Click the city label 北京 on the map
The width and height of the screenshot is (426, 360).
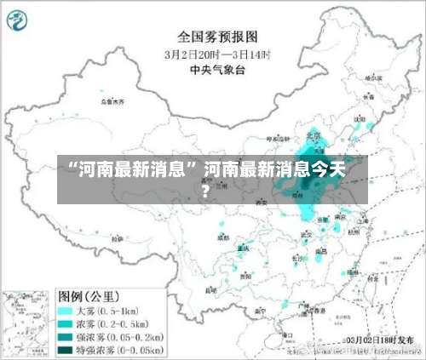click(x=314, y=135)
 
